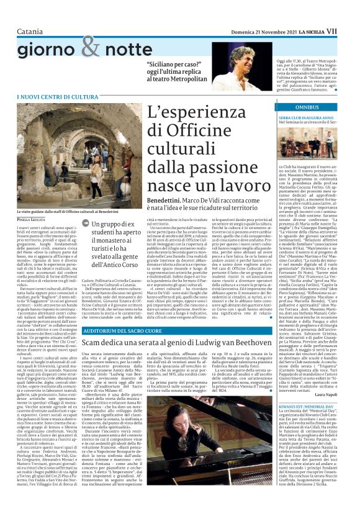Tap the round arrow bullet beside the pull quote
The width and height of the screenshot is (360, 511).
pyautogui.click(x=86, y=224)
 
